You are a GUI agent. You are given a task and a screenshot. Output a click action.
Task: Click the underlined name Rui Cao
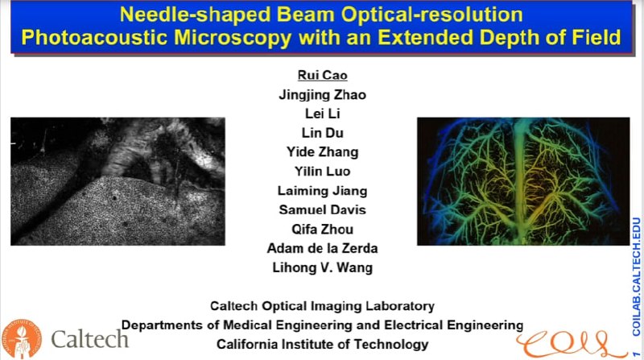click(x=322, y=76)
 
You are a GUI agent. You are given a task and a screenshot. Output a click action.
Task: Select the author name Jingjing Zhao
click(x=322, y=95)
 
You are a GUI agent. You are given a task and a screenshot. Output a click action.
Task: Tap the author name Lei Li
click(x=322, y=114)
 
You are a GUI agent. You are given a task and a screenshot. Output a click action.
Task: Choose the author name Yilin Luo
click(x=322, y=172)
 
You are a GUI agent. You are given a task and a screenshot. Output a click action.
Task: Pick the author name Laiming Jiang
click(x=322, y=191)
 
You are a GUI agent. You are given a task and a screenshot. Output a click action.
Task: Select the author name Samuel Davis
click(x=322, y=210)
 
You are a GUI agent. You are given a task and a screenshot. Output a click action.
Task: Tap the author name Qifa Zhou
click(x=322, y=230)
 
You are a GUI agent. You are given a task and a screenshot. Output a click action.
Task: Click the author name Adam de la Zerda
click(x=322, y=248)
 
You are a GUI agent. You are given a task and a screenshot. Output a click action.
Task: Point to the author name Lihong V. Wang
click(x=322, y=267)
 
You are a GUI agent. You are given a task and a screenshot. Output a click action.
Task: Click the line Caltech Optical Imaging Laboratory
click(x=322, y=306)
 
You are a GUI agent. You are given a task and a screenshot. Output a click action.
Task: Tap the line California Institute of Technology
click(x=322, y=344)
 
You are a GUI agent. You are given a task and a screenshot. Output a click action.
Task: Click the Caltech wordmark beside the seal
click(x=89, y=338)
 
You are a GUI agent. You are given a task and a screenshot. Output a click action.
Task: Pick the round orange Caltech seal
click(x=21, y=337)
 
